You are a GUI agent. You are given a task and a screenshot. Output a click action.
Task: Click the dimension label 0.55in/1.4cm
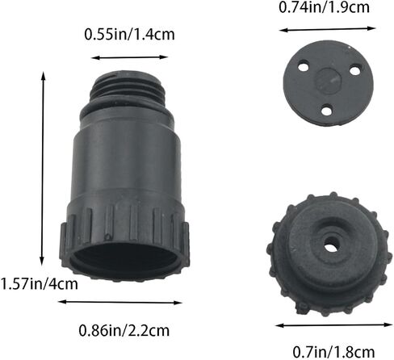tap(129, 35)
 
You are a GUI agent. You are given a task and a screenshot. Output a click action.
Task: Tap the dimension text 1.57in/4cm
tap(40, 284)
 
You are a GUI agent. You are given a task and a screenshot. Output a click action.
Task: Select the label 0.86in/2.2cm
tap(124, 330)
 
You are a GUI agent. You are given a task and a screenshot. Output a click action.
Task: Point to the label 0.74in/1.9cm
tap(324, 7)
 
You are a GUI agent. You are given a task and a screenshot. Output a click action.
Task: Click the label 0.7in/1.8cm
tap(333, 352)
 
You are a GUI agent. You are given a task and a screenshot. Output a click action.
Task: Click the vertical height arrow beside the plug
tap(42, 169)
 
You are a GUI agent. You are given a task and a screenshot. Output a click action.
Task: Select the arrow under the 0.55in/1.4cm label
tap(129, 57)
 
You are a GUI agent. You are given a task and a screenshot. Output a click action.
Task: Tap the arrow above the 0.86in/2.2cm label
tap(120, 302)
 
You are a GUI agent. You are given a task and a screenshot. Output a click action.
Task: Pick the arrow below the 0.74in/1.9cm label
tap(327, 29)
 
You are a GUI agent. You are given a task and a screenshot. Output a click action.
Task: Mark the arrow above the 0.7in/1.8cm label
tap(334, 325)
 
